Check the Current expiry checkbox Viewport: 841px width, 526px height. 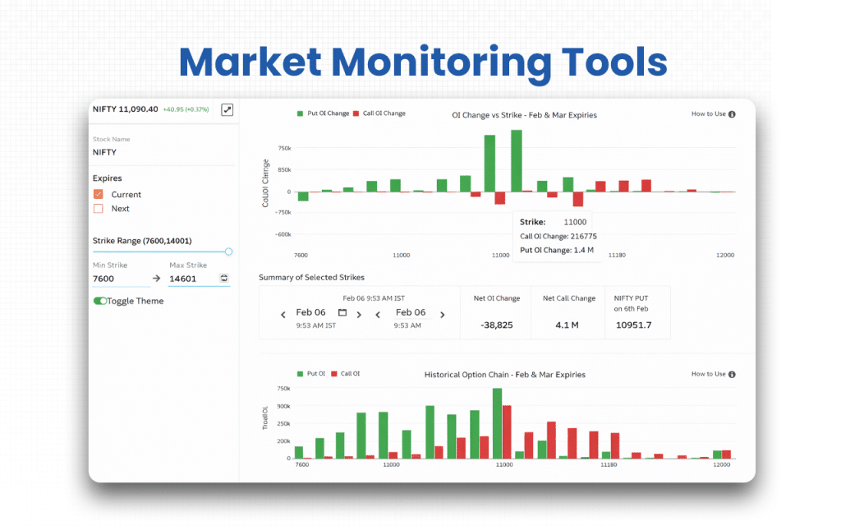coord(99,194)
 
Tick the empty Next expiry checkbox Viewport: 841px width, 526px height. coord(99,209)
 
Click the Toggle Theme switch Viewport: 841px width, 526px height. coord(100,302)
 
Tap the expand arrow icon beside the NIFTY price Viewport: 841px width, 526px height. coord(227,109)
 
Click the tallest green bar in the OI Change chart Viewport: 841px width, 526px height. coord(517,160)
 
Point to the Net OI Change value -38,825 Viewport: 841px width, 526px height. coord(497,325)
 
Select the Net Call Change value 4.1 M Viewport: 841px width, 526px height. coord(567,325)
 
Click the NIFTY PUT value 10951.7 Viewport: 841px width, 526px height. coord(633,325)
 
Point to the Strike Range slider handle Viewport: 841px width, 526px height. coord(228,251)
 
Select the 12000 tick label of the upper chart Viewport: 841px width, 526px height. coord(724,256)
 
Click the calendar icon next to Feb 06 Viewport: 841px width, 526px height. coord(342,312)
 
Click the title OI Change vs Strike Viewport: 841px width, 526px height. coord(524,115)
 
